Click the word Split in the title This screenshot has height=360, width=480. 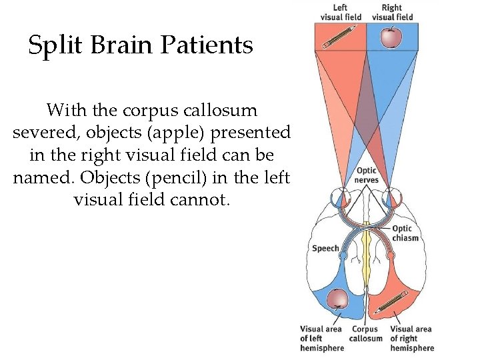point(51,45)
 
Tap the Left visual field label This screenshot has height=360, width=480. point(341,13)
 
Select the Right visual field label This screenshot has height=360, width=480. point(392,13)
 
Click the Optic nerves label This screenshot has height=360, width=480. point(367,175)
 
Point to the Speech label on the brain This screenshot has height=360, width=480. point(325,248)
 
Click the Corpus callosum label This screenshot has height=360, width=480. point(365,333)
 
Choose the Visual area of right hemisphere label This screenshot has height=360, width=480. point(411,338)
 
